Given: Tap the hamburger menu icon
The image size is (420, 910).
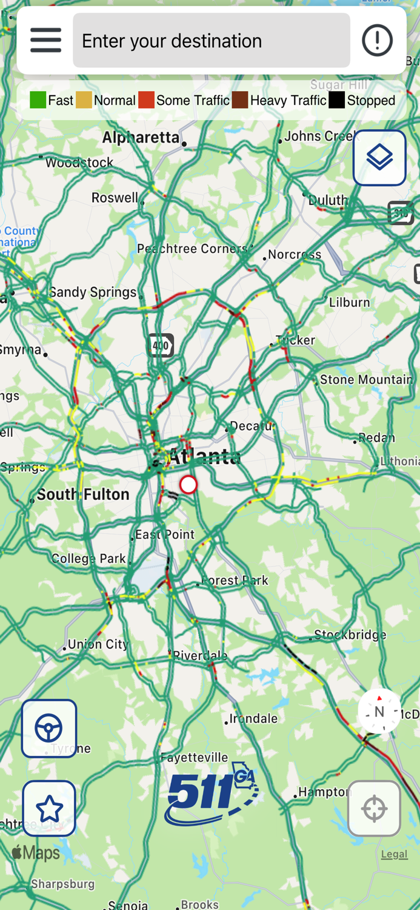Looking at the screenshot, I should pyautogui.click(x=46, y=41).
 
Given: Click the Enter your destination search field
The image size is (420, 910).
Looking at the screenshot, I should pyautogui.click(x=211, y=41).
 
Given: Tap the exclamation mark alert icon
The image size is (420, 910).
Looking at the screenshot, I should pyautogui.click(x=377, y=41).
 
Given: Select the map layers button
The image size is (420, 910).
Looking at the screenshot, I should pyautogui.click(x=379, y=158).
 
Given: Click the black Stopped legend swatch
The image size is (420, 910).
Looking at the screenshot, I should pyautogui.click(x=336, y=101).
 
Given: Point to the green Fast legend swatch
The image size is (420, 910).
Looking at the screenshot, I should pyautogui.click(x=38, y=101).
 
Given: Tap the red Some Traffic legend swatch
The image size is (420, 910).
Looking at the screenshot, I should pyautogui.click(x=146, y=101).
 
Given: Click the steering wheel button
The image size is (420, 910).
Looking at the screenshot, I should pyautogui.click(x=49, y=729).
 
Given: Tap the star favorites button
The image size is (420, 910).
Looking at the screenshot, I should pyautogui.click(x=49, y=809).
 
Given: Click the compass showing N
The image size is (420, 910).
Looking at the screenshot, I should pyautogui.click(x=379, y=712).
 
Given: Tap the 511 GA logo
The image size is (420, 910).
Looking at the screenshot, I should pyautogui.click(x=212, y=794).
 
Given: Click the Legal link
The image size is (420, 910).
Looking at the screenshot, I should pyautogui.click(x=394, y=854).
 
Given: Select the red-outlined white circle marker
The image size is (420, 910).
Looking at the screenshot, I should pyautogui.click(x=188, y=485).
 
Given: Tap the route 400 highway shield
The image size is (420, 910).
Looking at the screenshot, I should pyautogui.click(x=161, y=346).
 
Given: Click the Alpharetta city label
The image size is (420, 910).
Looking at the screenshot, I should pyautogui.click(x=141, y=138).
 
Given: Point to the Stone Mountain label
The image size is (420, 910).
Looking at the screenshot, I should pyautogui.click(x=366, y=380).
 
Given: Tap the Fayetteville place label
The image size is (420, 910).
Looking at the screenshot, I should pyautogui.click(x=194, y=757).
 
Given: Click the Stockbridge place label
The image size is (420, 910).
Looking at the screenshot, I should pyautogui.click(x=350, y=635).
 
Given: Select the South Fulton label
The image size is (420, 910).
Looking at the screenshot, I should pyautogui.click(x=83, y=494).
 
